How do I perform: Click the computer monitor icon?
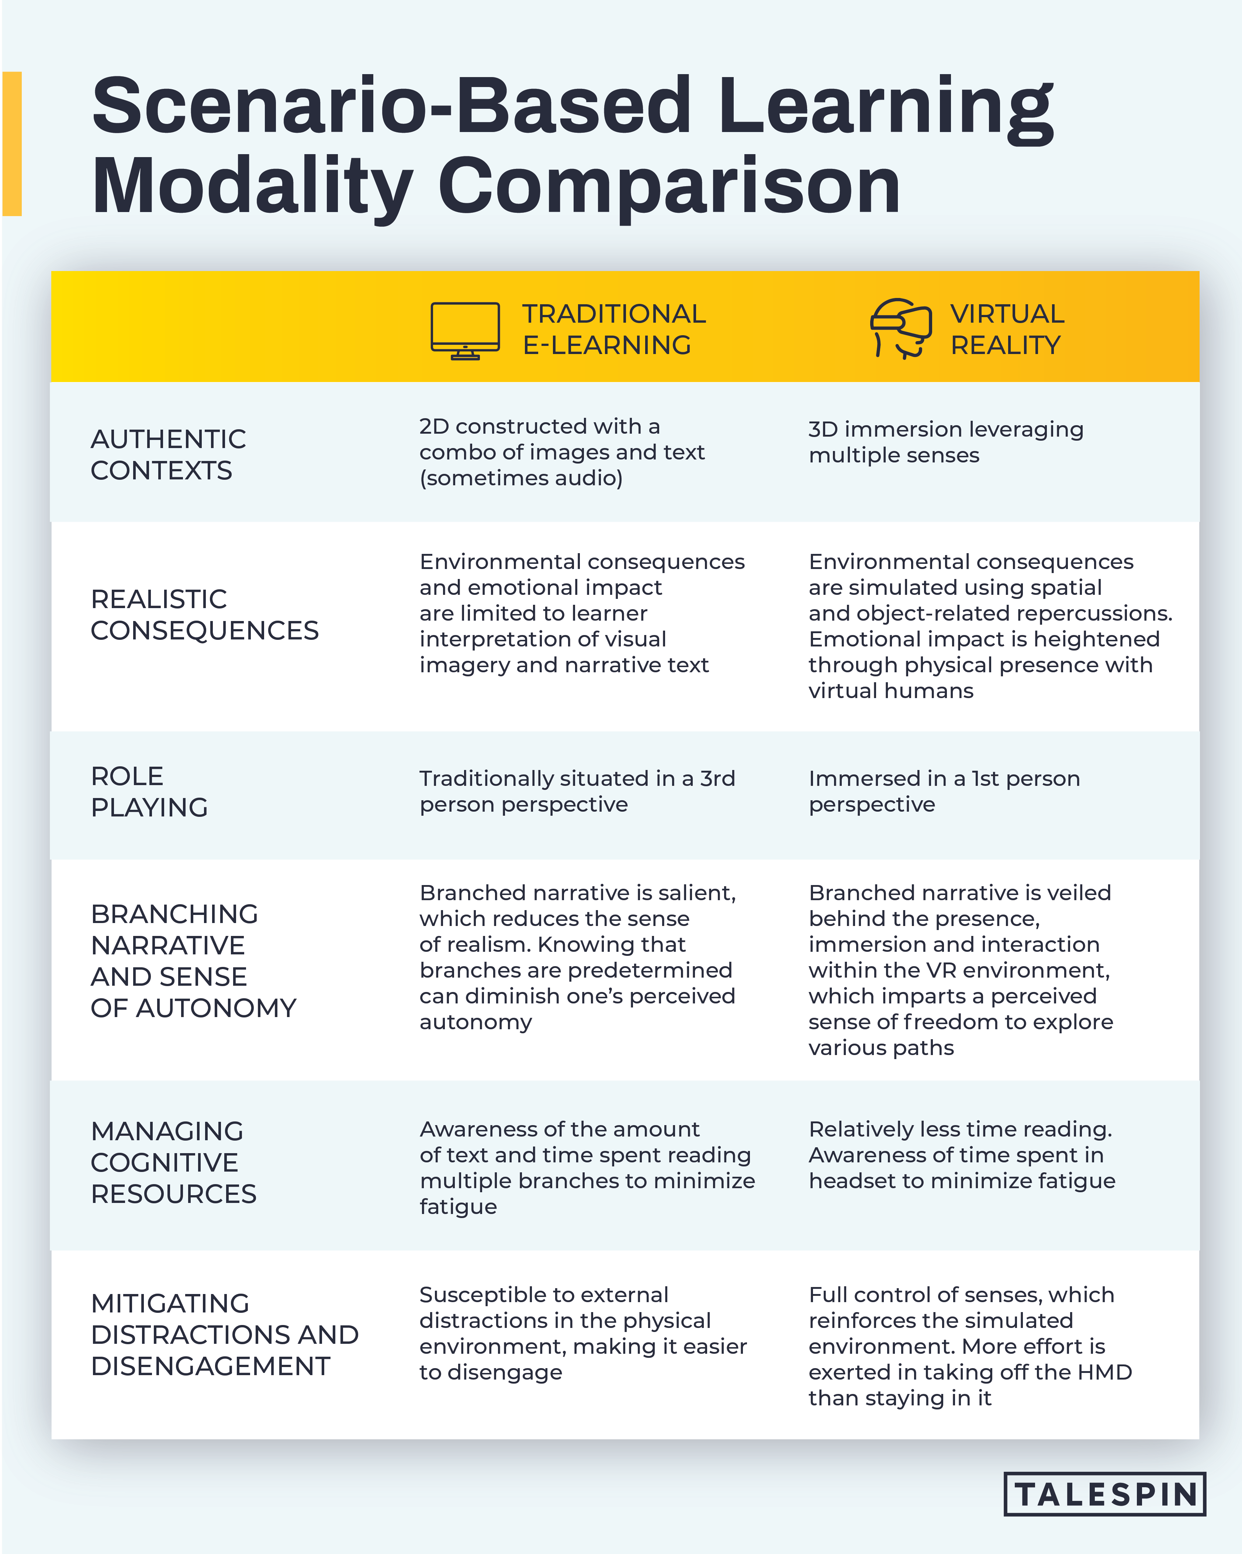pos(465,330)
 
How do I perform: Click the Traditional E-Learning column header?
pos(613,329)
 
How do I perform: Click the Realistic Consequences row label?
pos(204,615)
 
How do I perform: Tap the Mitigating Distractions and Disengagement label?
pos(224,1335)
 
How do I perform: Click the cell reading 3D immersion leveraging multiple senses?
pos(946,442)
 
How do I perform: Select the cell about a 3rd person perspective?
pos(577,791)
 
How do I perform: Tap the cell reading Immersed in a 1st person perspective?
pos(944,791)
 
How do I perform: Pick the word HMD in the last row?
pos(1104,1372)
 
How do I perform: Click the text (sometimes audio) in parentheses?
pos(520,478)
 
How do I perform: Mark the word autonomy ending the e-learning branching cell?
pos(476,1022)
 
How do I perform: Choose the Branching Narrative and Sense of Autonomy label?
pos(193,961)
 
